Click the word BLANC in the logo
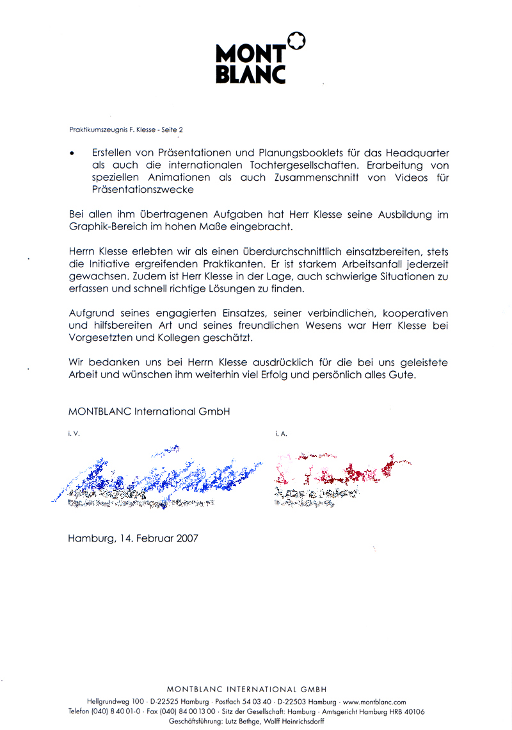250,74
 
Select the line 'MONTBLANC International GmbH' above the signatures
148,411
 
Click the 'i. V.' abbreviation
74,435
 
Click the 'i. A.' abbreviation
281,435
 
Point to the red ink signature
339,472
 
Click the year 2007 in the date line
186,538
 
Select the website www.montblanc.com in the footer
374,702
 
